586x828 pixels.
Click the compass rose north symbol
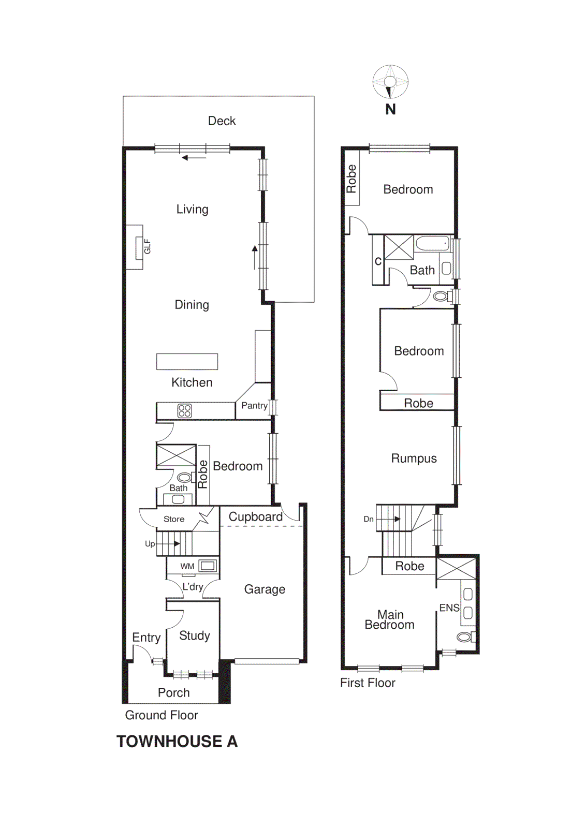pyautogui.click(x=390, y=82)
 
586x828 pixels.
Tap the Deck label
pyautogui.click(x=222, y=121)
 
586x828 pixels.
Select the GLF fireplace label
pyautogui.click(x=147, y=246)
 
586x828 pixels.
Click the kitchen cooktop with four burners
pyautogui.click(x=184, y=411)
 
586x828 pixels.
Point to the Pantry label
pyautogui.click(x=254, y=406)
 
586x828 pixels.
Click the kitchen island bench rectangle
pyautogui.click(x=187, y=361)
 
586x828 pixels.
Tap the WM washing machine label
pyautogui.click(x=187, y=566)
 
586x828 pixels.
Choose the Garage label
pyautogui.click(x=265, y=589)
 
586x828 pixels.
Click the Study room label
pyautogui.click(x=194, y=635)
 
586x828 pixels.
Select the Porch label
pyautogui.click(x=173, y=692)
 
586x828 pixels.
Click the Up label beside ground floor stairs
pyautogui.click(x=150, y=544)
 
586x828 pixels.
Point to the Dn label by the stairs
pyautogui.click(x=368, y=519)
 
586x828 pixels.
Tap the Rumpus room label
pyautogui.click(x=414, y=459)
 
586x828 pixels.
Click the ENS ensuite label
pyautogui.click(x=449, y=608)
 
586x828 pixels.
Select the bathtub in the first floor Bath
pyautogui.click(x=433, y=244)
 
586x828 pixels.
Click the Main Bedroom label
pyautogui.click(x=390, y=620)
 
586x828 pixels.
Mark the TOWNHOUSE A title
pyautogui.click(x=177, y=741)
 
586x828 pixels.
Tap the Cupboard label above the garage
pyautogui.click(x=255, y=516)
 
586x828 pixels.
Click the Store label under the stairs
pyautogui.click(x=174, y=519)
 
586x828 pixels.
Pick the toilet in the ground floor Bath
pyautogui.click(x=184, y=477)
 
